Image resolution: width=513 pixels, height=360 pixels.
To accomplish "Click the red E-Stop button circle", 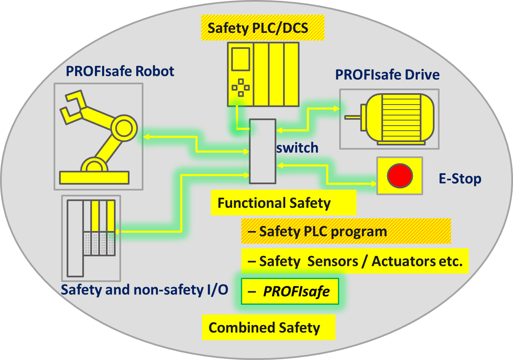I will (400, 175).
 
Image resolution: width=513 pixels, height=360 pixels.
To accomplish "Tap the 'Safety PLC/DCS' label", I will (258, 28).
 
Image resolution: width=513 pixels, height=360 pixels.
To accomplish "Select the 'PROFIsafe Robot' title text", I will (120, 71).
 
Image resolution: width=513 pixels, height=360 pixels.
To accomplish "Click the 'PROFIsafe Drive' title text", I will (387, 75).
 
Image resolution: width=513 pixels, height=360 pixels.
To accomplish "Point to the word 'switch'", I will (297, 148).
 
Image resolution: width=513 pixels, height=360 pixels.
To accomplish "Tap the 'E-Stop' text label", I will (459, 179).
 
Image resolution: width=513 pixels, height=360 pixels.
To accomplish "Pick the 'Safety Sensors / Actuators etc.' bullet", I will (355, 261).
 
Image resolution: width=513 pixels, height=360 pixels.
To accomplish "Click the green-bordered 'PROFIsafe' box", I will (290, 291).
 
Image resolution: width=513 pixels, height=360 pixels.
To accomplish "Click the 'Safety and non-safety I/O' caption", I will (144, 290).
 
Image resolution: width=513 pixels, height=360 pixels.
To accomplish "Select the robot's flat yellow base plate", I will (94, 177).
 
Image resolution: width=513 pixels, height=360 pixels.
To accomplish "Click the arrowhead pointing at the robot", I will (146, 137).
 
